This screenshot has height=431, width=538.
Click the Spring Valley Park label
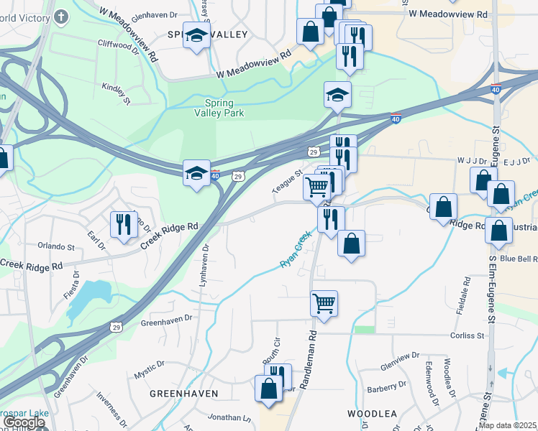(x=219, y=108)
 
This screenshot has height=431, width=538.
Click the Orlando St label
(x=56, y=246)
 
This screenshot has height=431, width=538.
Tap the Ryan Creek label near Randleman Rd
(x=296, y=249)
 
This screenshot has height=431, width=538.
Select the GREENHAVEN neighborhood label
(x=178, y=394)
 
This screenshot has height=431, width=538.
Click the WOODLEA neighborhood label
(x=373, y=414)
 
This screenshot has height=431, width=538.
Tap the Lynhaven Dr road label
(x=204, y=265)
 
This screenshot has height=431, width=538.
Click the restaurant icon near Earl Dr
(x=123, y=224)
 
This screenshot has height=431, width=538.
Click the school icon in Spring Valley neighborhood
(x=196, y=35)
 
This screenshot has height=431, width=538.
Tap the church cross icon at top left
(x=61, y=15)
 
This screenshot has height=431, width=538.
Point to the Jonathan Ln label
(x=229, y=417)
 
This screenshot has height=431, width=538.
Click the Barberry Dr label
(x=386, y=386)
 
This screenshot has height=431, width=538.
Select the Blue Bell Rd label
(x=518, y=259)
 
